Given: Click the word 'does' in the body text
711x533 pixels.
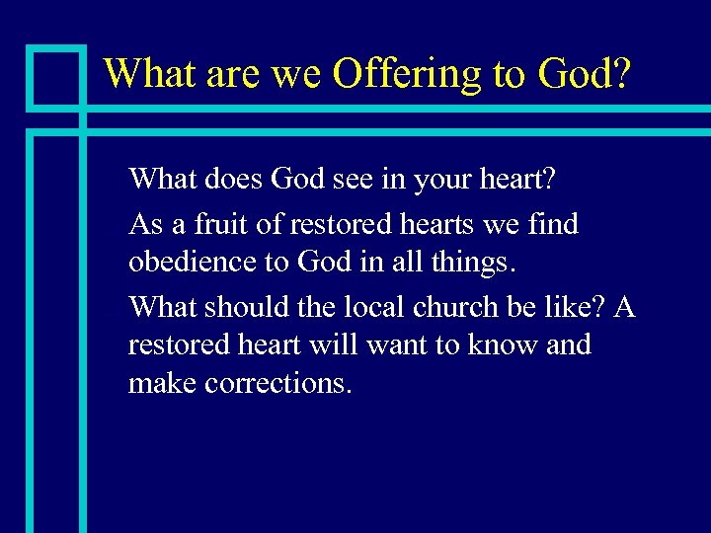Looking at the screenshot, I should click(x=235, y=181).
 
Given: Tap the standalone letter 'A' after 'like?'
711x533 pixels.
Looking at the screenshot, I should click(x=623, y=306).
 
